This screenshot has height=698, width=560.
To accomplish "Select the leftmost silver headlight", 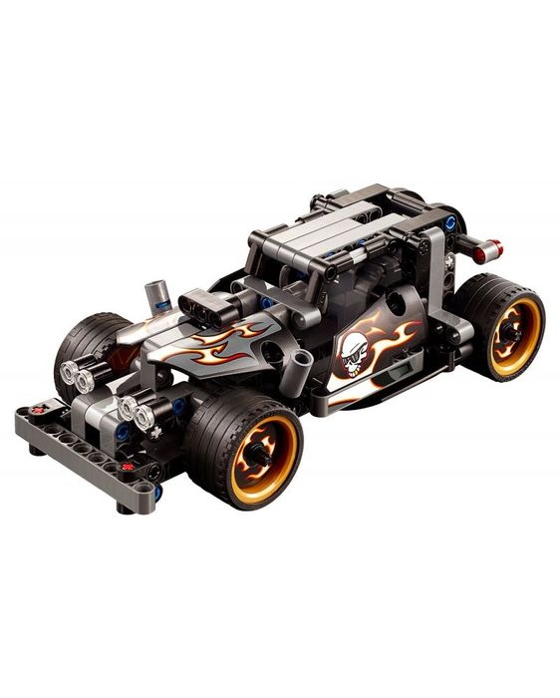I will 71,373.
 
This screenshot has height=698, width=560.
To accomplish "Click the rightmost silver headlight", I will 145,413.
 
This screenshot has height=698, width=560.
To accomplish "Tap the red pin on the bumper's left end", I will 38,409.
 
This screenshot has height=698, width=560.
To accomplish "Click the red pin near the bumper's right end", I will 127,467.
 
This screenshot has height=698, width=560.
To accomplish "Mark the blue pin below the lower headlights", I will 122,431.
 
